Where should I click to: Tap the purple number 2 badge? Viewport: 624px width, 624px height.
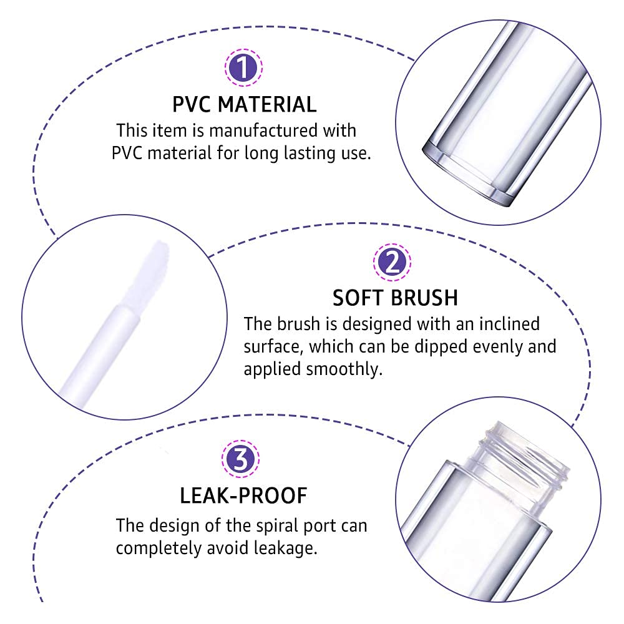(392, 262)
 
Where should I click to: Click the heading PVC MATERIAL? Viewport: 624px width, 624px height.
(244, 104)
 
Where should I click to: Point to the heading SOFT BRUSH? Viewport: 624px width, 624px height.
(395, 298)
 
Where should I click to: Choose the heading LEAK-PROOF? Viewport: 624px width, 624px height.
(243, 496)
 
